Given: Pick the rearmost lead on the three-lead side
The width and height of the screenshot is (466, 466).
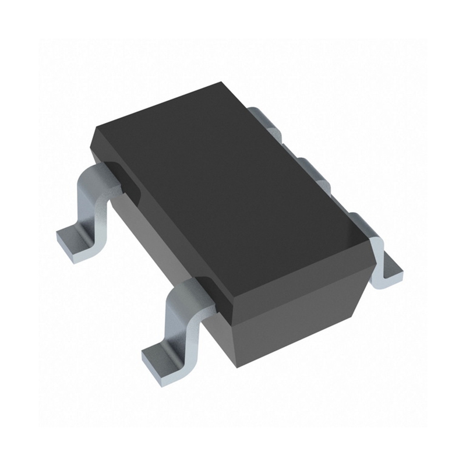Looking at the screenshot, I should pos(262,116).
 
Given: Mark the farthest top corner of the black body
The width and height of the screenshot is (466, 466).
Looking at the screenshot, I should pos(224,83).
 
